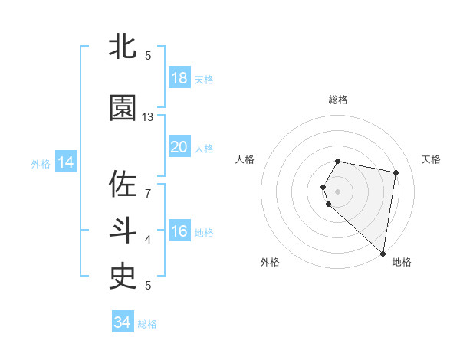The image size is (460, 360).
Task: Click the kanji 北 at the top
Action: point(123,47)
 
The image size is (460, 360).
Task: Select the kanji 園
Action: point(123,110)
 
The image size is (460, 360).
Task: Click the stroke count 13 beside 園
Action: point(148,117)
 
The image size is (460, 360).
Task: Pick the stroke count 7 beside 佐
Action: point(148,192)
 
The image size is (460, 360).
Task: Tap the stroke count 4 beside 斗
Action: point(148,239)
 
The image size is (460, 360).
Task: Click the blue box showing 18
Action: point(179,78)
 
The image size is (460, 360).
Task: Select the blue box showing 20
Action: point(179,147)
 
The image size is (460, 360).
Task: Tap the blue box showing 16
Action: point(179,231)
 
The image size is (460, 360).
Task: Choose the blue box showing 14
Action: point(66,162)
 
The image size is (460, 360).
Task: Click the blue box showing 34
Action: point(122,322)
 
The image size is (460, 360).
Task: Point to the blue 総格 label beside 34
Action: point(147,324)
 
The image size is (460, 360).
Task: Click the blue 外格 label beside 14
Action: point(41,163)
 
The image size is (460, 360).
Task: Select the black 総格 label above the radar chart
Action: point(338,100)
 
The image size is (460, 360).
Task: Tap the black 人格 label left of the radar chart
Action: point(245,159)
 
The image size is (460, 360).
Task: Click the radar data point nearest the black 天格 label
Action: point(396,172)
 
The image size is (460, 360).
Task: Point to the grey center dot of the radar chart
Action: point(338,191)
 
